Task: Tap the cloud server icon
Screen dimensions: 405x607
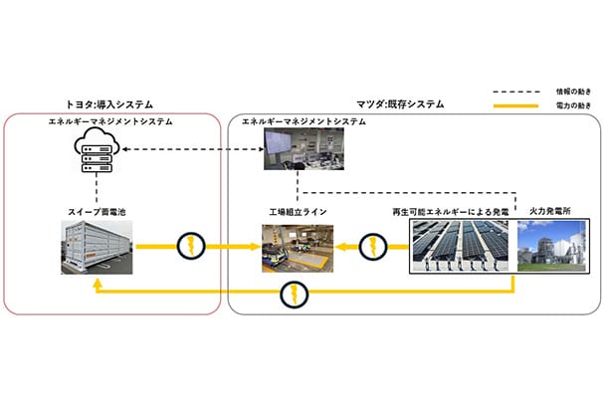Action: tap(97, 149)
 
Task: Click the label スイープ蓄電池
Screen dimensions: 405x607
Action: tap(97, 212)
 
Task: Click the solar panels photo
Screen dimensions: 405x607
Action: tap(460, 248)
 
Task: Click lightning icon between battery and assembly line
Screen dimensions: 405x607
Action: tap(188, 248)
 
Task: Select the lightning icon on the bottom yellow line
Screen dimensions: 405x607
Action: tap(291, 295)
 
